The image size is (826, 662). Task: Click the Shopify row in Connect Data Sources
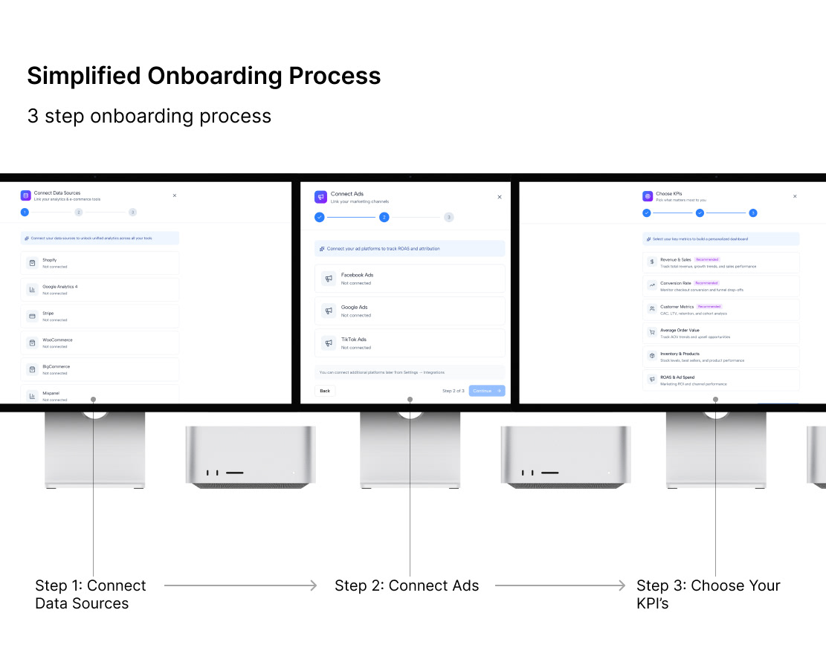pyautogui.click(x=100, y=263)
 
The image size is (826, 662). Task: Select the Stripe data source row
pyautogui.click(x=100, y=317)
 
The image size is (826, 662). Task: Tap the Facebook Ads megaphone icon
pyautogui.click(x=329, y=279)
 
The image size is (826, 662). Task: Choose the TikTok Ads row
pyautogui.click(x=410, y=343)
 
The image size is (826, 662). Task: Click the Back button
pyautogui.click(x=325, y=390)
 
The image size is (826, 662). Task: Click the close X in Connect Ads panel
pyautogui.click(x=500, y=197)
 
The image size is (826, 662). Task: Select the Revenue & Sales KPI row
pyautogui.click(x=720, y=262)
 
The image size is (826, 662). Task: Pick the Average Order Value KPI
pyautogui.click(x=720, y=333)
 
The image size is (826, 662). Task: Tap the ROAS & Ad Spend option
pyautogui.click(x=720, y=380)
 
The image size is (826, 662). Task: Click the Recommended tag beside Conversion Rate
pyautogui.click(x=706, y=283)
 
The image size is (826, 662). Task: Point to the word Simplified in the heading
pyautogui.click(x=84, y=76)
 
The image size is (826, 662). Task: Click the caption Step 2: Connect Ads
pyautogui.click(x=407, y=585)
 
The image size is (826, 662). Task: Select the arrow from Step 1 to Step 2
pyautogui.click(x=241, y=585)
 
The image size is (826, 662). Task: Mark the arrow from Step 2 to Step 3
pyautogui.click(x=561, y=585)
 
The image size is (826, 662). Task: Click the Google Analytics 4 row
pyautogui.click(x=100, y=290)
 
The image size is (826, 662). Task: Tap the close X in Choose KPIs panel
pyautogui.click(x=795, y=196)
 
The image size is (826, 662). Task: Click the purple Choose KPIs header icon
pyautogui.click(x=648, y=196)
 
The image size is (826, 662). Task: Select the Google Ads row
pyautogui.click(x=410, y=311)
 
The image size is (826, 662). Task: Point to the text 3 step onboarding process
pyautogui.click(x=149, y=117)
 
